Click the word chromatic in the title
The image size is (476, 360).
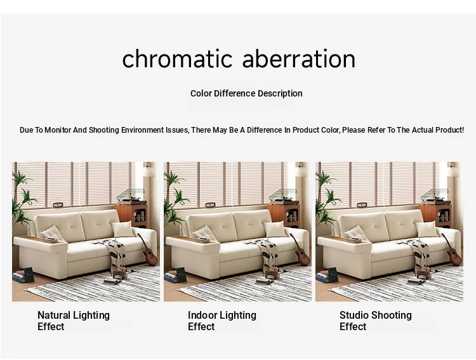pos(177,58)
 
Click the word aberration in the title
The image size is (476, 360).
pos(299,58)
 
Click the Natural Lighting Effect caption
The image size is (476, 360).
pos(74,321)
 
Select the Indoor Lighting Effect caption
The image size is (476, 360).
pos(222,321)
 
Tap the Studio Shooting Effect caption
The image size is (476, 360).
pos(376,321)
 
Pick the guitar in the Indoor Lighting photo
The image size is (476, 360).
pos(301,251)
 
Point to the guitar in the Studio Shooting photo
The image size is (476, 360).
pos(453,251)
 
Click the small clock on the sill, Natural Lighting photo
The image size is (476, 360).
pos(58,205)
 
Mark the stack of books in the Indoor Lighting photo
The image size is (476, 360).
pos(171,276)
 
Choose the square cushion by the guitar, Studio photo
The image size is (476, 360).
pos(426,229)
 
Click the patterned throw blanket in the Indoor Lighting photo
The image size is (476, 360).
pos(263,251)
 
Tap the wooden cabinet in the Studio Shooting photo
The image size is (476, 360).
pos(436,215)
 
